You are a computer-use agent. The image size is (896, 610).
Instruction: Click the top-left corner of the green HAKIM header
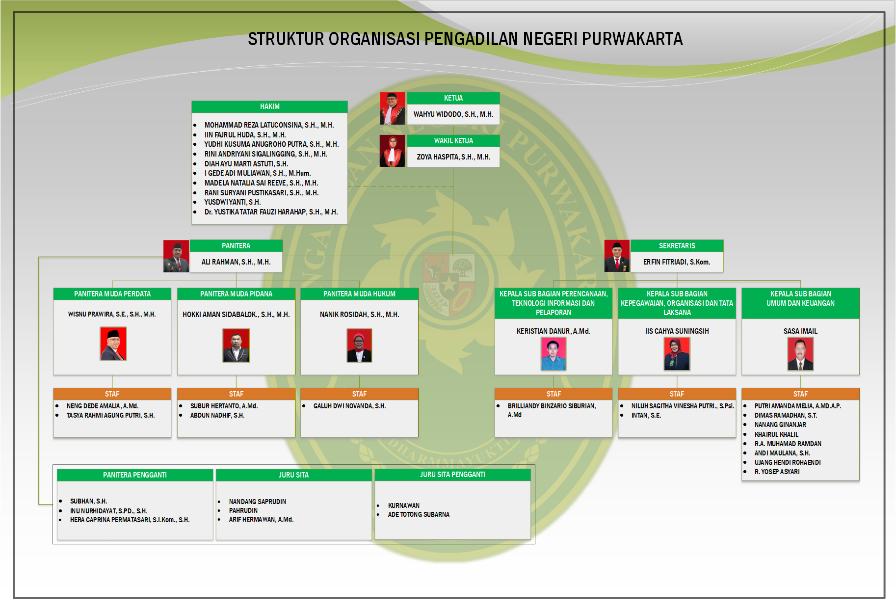point(192,101)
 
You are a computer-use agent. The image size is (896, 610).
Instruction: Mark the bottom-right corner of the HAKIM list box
point(347,224)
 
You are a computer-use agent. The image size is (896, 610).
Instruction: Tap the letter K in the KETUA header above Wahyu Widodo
point(446,98)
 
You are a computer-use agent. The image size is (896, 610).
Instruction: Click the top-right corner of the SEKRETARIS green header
point(723,240)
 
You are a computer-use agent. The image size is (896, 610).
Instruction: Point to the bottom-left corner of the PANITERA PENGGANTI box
point(57,540)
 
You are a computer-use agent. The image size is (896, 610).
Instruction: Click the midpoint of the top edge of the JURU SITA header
point(294,470)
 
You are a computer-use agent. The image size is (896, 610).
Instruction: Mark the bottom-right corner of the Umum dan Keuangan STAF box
point(859,480)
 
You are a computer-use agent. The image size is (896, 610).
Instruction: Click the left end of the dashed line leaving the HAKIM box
point(347,186)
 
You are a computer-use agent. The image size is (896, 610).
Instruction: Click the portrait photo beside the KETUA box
point(392,108)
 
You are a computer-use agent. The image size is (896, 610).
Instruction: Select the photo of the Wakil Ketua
point(392,151)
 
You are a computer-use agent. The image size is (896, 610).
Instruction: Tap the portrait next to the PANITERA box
point(176,256)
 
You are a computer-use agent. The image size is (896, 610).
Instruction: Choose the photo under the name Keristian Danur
point(553,354)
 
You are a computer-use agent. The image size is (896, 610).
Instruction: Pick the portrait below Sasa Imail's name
point(800,354)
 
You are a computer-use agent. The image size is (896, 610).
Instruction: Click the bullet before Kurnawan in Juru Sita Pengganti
point(378,505)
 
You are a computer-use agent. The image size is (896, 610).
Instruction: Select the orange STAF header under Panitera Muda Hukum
point(359,394)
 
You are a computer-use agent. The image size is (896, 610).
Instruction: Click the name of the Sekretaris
point(677,262)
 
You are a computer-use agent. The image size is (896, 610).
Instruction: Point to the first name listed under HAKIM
point(269,125)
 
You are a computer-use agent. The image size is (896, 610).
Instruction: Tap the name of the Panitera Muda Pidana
point(236,315)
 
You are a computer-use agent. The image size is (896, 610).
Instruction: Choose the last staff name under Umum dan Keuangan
point(777,472)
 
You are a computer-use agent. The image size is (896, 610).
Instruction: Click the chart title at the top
point(465,39)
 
